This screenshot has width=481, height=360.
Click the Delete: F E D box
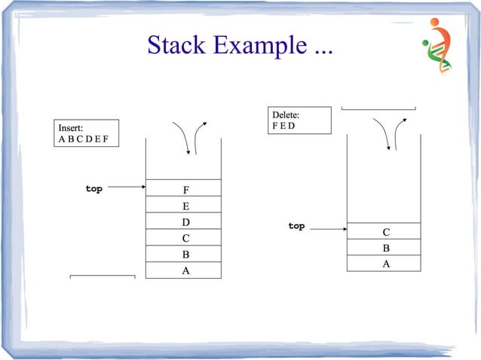click(x=300, y=121)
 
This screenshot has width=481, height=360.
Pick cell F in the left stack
click(x=185, y=188)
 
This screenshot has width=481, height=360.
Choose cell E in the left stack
click(x=185, y=205)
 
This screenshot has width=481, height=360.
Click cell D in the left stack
click(x=185, y=221)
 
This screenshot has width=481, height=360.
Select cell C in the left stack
click(x=185, y=238)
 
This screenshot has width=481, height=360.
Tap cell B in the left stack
click(x=185, y=255)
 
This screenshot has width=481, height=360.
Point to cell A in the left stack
click(x=185, y=270)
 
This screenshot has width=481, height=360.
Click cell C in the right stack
click(x=386, y=231)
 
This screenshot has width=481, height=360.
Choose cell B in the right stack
click(x=386, y=248)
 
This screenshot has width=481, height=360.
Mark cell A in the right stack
click(x=386, y=264)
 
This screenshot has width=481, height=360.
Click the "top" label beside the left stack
click(x=93, y=188)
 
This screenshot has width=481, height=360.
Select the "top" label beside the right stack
click(x=296, y=225)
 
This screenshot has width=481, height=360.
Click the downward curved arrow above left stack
click(x=182, y=136)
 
